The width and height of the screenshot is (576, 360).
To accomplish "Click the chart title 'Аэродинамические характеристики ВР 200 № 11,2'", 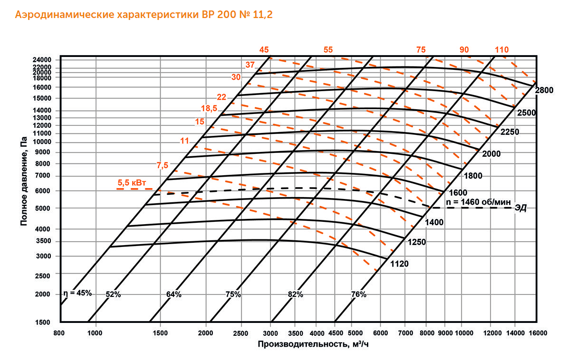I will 144,15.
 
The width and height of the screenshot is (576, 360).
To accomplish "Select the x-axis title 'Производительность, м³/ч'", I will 313,343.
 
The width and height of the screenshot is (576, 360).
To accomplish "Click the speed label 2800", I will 545,90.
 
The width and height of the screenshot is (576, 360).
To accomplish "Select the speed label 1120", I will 399,264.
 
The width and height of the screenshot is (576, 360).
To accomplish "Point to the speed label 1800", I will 473,176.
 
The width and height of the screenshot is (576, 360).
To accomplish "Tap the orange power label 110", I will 502,50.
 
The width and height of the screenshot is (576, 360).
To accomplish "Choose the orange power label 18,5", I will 209,108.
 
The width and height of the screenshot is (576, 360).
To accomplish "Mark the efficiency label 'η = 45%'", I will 77,293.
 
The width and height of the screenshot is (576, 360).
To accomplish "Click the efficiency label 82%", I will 295,294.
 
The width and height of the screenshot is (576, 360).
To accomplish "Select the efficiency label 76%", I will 358,294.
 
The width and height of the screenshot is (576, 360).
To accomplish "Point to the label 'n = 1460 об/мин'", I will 477,202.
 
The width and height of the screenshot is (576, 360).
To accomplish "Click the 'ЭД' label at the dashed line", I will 521,208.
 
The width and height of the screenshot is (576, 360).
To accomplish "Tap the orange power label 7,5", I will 163,165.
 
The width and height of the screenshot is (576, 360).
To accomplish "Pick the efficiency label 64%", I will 174,294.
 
